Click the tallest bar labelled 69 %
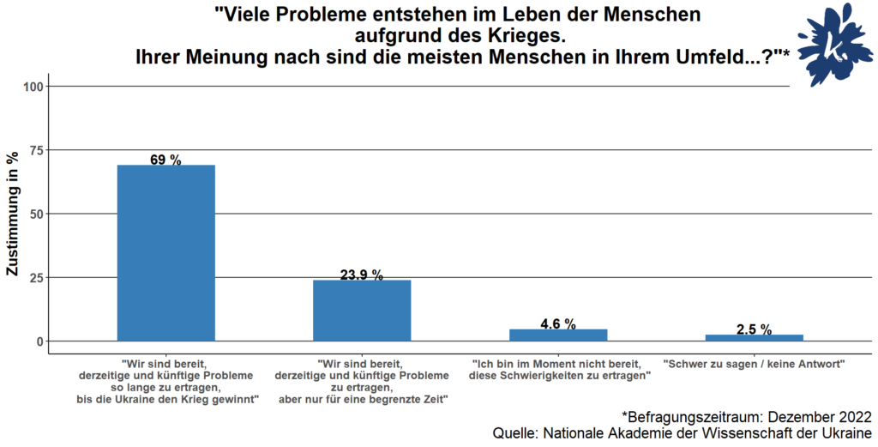click(x=165, y=252)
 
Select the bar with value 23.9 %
click(x=362, y=310)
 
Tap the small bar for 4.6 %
click(x=558, y=335)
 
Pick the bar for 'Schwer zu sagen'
click(x=754, y=337)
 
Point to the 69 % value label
click(x=165, y=160)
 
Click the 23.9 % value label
click(x=362, y=275)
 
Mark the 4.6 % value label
click(x=558, y=323)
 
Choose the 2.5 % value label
click(x=754, y=329)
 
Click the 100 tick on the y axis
click(x=34, y=87)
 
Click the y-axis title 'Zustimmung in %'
click(x=13, y=214)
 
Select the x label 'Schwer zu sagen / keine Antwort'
click(x=754, y=363)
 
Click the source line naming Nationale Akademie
click(x=683, y=433)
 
